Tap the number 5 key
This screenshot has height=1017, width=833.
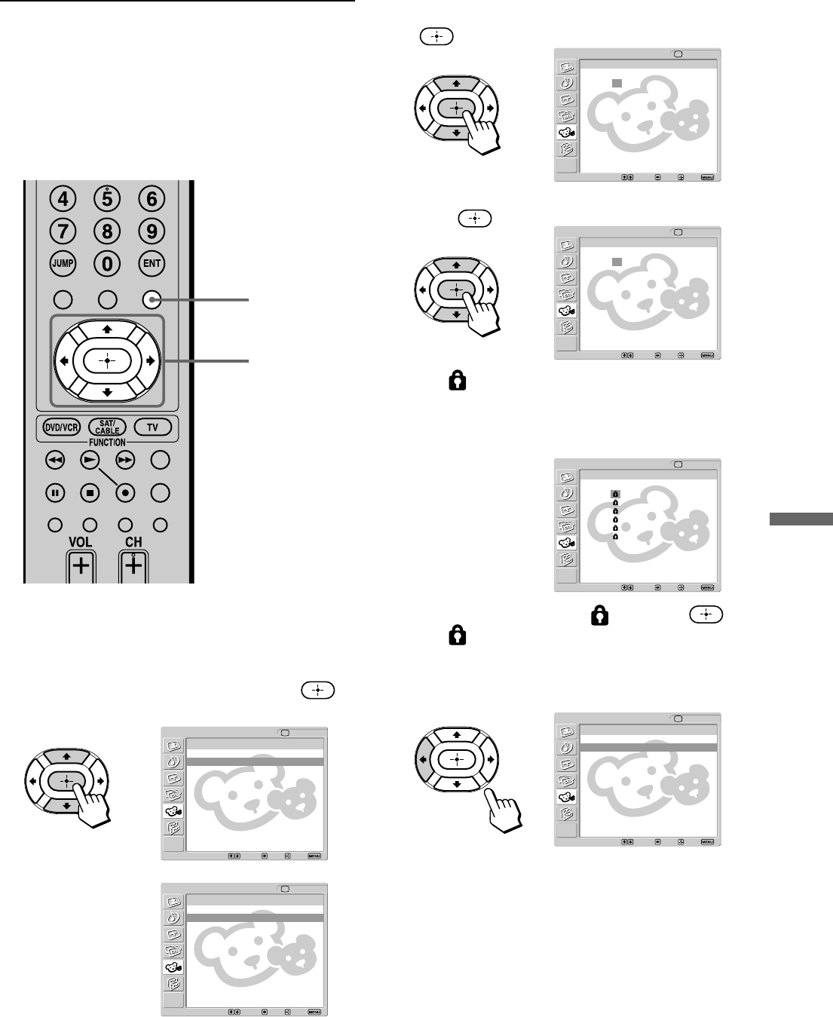[x=107, y=199]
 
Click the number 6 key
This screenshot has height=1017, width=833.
[x=152, y=199]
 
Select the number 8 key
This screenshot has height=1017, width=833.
[x=107, y=231]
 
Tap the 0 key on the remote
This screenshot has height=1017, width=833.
[x=107, y=264]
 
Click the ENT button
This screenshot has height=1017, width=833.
[x=152, y=264]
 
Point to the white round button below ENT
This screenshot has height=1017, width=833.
[x=152, y=300]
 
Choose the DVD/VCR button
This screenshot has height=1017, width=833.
[x=60, y=427]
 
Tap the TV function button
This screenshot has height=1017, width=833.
[x=152, y=427]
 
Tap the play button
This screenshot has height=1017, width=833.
[x=90, y=460]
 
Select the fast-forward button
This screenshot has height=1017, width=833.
[x=125, y=460]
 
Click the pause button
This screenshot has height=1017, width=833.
[x=54, y=493]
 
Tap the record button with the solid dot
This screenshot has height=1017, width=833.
[x=125, y=493]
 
